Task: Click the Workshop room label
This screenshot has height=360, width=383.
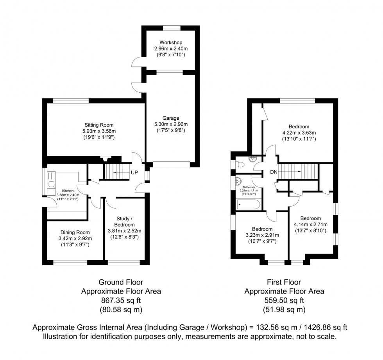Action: point(171,42)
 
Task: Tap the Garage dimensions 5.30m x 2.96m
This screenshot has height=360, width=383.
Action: point(171,124)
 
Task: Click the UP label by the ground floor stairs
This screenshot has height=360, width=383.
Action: point(134,172)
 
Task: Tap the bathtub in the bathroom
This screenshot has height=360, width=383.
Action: point(248,205)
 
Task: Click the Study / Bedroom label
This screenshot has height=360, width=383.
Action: point(125,221)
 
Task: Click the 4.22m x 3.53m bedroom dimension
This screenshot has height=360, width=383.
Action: point(299,133)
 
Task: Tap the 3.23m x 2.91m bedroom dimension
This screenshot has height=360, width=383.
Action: point(262,235)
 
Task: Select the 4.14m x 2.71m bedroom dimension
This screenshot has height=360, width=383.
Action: point(311,225)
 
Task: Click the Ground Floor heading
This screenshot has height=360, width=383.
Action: point(120,282)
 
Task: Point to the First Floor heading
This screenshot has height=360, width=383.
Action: point(284,282)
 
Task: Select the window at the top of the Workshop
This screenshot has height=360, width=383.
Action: point(171,27)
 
